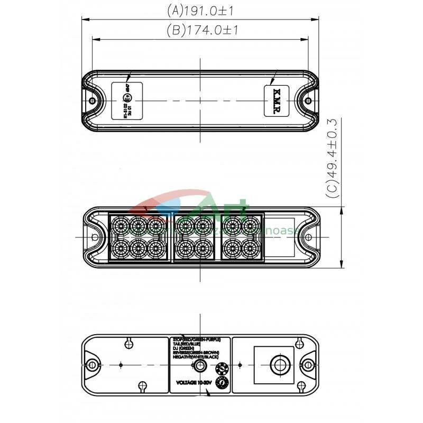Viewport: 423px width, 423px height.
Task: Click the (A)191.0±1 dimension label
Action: click(x=200, y=10)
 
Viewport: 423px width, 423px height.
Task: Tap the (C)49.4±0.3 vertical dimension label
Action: click(x=333, y=159)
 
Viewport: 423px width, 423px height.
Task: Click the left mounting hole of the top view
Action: click(x=93, y=100)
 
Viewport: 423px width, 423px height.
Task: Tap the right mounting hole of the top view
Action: click(x=309, y=100)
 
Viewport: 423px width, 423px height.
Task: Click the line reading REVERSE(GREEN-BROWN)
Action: click(x=196, y=352)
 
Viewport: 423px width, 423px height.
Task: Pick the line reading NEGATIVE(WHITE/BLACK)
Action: click(x=196, y=357)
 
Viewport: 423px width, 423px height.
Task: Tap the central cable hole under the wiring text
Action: click(x=200, y=365)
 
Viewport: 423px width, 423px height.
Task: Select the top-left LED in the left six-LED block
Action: click(x=121, y=226)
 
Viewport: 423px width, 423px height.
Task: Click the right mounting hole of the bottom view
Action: click(x=308, y=364)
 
